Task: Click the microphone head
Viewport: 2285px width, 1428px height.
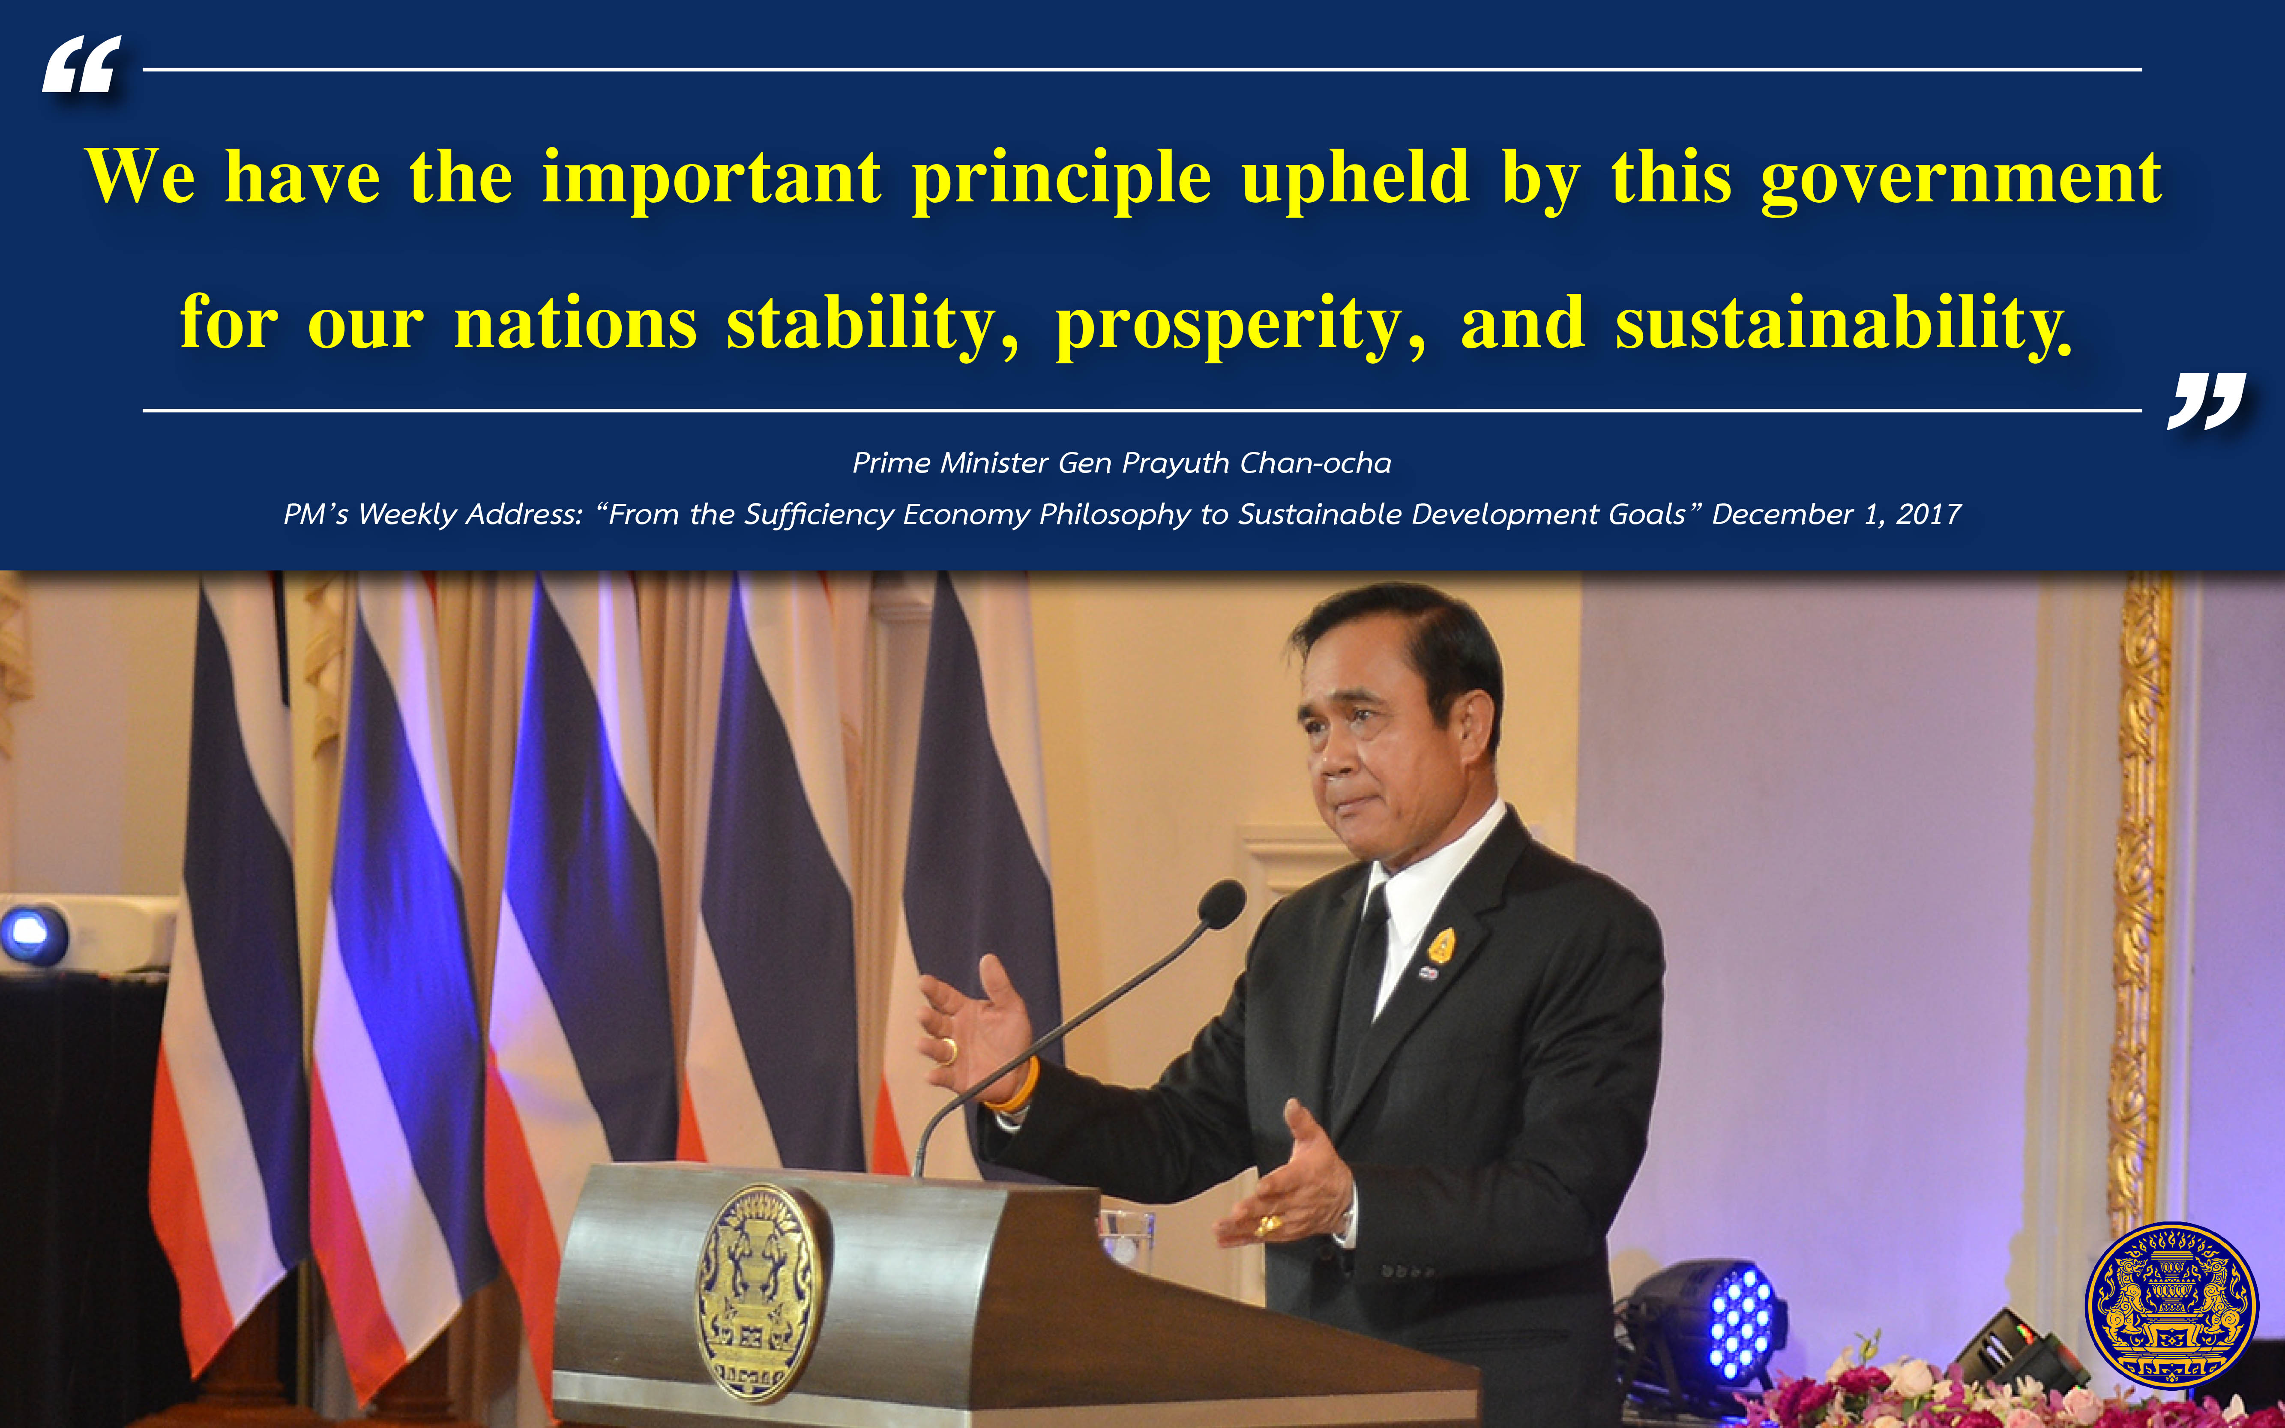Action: point(1221,904)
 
